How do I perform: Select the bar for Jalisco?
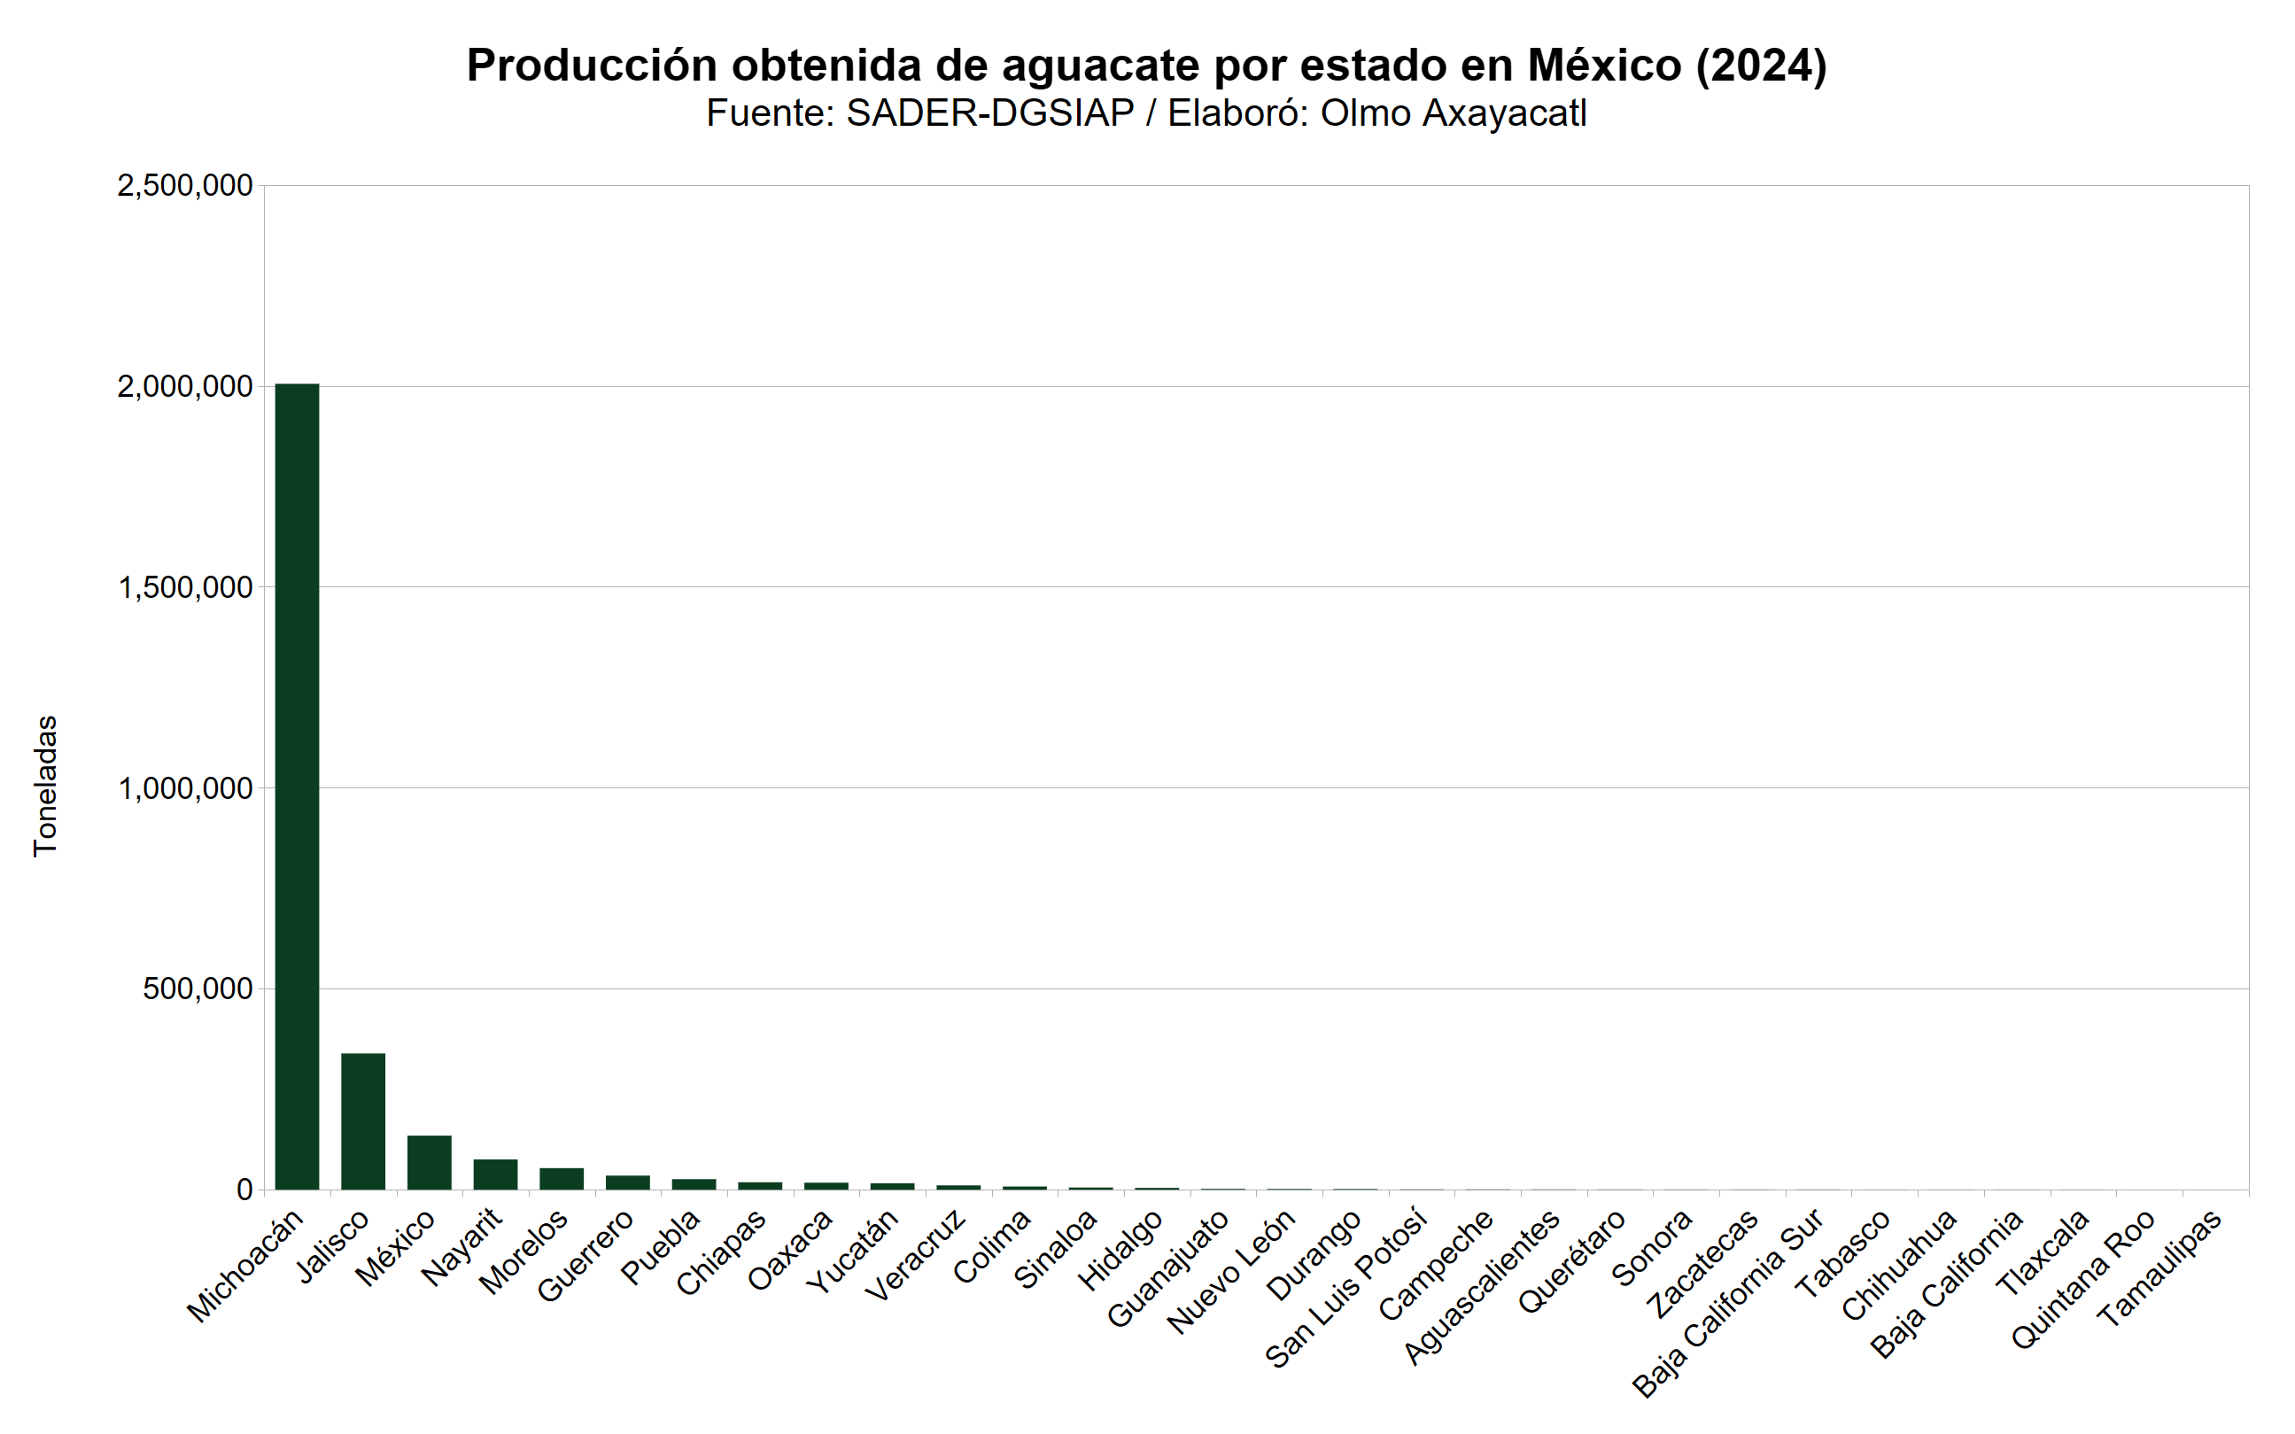363,1121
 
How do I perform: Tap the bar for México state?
430,1162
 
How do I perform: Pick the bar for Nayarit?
495,1174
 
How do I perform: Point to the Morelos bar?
562,1179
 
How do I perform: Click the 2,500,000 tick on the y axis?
185,186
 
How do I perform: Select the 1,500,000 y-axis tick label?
185,588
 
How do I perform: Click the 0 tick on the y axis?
244,1190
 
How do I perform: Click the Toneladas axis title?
45,787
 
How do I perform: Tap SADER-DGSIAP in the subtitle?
990,113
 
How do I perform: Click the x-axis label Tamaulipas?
2159,1269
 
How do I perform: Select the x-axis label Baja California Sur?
1728,1303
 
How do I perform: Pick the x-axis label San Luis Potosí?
1346,1288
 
